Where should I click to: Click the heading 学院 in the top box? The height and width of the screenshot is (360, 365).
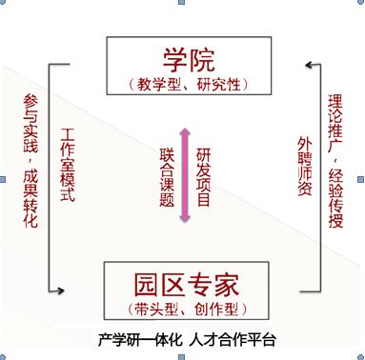coord(189,60)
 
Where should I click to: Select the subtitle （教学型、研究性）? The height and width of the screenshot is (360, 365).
coord(189,85)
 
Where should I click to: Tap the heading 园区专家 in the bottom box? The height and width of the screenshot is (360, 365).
coord(186,285)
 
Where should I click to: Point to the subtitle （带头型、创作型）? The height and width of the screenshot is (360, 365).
coord(188,309)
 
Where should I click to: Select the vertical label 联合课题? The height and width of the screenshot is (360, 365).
coord(167,177)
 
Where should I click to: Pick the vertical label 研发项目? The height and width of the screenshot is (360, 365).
coord(203,177)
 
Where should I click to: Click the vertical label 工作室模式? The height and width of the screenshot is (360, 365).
coord(68,165)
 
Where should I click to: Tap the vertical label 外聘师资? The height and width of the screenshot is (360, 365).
coord(305,166)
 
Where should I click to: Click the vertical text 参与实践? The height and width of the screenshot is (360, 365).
coord(30,123)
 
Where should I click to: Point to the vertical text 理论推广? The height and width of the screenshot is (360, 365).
coord(335,123)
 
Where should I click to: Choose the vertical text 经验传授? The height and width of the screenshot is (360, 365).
coord(335,198)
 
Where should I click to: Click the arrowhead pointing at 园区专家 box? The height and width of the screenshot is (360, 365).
coord(61,290)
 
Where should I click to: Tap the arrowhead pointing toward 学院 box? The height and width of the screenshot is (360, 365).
coord(309,65)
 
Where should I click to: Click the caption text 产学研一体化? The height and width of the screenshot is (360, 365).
coord(140,340)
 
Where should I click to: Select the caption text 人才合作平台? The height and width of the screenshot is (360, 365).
coord(233,340)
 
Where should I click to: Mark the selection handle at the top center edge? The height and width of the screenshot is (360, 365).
coord(182,2)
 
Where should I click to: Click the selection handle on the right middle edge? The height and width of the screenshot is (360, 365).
coord(361,180)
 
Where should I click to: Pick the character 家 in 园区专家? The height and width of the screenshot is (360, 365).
coord(227,285)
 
